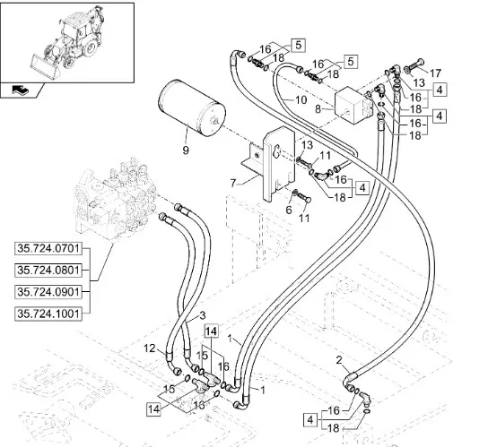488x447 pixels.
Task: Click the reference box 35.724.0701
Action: tap(48, 249)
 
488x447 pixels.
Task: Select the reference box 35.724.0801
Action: tap(48, 271)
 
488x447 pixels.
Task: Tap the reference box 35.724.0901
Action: tap(48, 292)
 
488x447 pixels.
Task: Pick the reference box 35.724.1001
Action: tap(48, 314)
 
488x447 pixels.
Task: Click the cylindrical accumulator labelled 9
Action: tap(191, 107)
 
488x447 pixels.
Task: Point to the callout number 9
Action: tap(186, 150)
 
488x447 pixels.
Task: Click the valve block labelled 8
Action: tap(353, 105)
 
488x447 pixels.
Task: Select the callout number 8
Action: tap(318, 109)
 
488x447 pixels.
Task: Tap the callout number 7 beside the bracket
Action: tap(233, 183)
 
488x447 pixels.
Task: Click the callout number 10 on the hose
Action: tap(301, 100)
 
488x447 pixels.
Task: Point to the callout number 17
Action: tap(435, 73)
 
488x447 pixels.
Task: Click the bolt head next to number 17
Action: tap(420, 62)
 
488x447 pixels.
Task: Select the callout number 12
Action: tap(150, 348)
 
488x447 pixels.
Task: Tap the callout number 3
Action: tap(203, 316)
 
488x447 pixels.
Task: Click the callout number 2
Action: tap(339, 360)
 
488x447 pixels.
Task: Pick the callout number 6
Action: tap(289, 211)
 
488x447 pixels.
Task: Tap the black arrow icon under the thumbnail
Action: tap(21, 90)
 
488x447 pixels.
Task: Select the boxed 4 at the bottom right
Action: tap(310, 420)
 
